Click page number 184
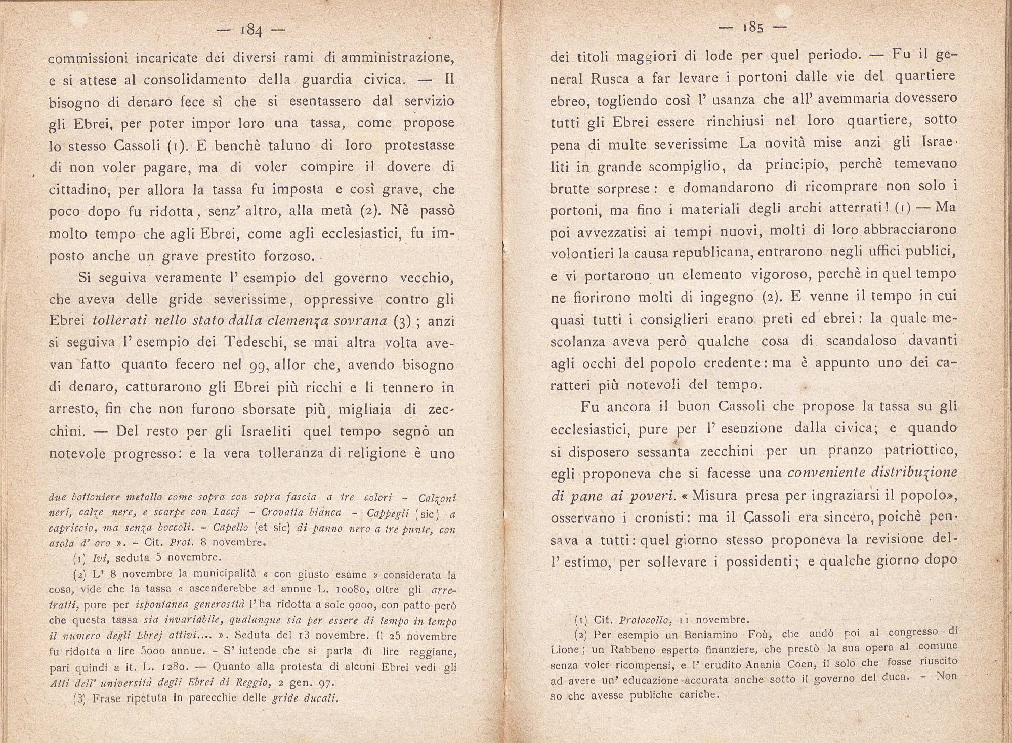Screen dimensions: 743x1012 pyautogui.click(x=251, y=31)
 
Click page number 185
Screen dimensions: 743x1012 pyautogui.click(x=753, y=27)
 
